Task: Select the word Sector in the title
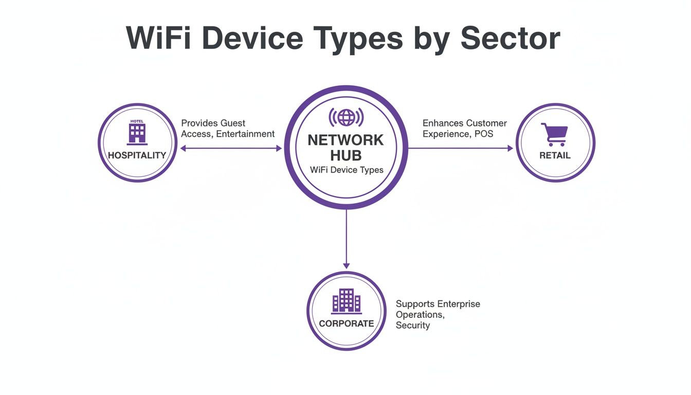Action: pyautogui.click(x=511, y=38)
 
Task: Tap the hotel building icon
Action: pyautogui.click(x=137, y=133)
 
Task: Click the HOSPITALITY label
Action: pyautogui.click(x=137, y=155)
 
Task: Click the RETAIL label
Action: pyautogui.click(x=555, y=155)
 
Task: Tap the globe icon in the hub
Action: pyautogui.click(x=346, y=117)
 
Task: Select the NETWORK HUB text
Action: pyautogui.click(x=345, y=148)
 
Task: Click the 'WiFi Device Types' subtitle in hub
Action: pyautogui.click(x=347, y=170)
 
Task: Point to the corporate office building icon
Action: pyautogui.click(x=346, y=300)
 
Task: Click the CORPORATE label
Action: pyautogui.click(x=346, y=324)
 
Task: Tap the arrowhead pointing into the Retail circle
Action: pyautogui.click(x=510, y=148)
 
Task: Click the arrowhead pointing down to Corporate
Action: pyautogui.click(x=346, y=265)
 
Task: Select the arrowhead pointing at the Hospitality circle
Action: pyautogui.click(x=183, y=148)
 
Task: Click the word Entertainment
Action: pyautogui.click(x=245, y=134)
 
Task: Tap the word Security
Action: pyautogui.click(x=413, y=325)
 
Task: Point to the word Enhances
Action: pyautogui.click(x=443, y=123)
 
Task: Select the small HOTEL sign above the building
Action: pyautogui.click(x=137, y=121)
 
